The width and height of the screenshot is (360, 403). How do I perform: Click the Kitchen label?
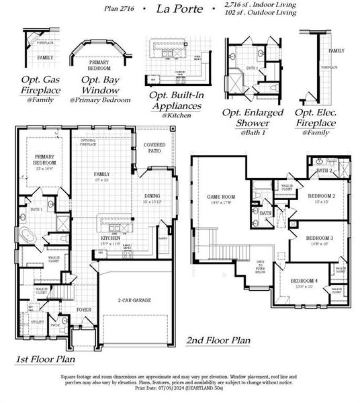pos(110,238)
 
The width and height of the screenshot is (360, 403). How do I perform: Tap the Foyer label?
pos(83,310)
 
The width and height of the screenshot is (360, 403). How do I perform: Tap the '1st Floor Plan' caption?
pos(45,361)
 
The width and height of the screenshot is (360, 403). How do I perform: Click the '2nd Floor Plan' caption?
pos(218,341)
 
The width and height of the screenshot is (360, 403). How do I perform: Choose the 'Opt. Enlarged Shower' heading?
pos(253,118)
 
